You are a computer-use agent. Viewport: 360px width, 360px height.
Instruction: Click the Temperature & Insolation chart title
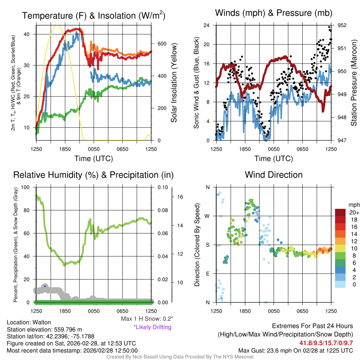pyautogui.click(x=94, y=15)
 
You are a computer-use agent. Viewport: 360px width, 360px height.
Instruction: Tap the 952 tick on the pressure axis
pyautogui.click(x=342, y=25)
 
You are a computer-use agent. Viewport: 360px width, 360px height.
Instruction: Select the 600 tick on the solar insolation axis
pyautogui.click(x=161, y=44)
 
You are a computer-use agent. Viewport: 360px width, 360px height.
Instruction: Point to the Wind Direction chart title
pyautogui.click(x=274, y=175)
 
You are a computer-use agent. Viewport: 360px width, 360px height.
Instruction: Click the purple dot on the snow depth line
pyautogui.click(x=45, y=286)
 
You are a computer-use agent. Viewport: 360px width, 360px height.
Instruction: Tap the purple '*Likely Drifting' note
pyautogui.click(x=152, y=327)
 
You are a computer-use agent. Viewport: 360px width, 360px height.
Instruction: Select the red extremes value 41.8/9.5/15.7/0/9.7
pyautogui.click(x=326, y=343)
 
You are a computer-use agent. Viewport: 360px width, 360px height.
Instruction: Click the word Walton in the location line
pyautogui.click(x=43, y=322)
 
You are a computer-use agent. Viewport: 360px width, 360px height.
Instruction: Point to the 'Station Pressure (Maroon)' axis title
pyautogui.click(x=354, y=83)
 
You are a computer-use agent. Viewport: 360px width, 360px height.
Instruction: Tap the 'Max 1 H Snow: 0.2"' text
pyautogui.click(x=147, y=319)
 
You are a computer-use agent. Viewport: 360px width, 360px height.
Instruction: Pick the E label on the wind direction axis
pyautogui.click(x=207, y=274)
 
